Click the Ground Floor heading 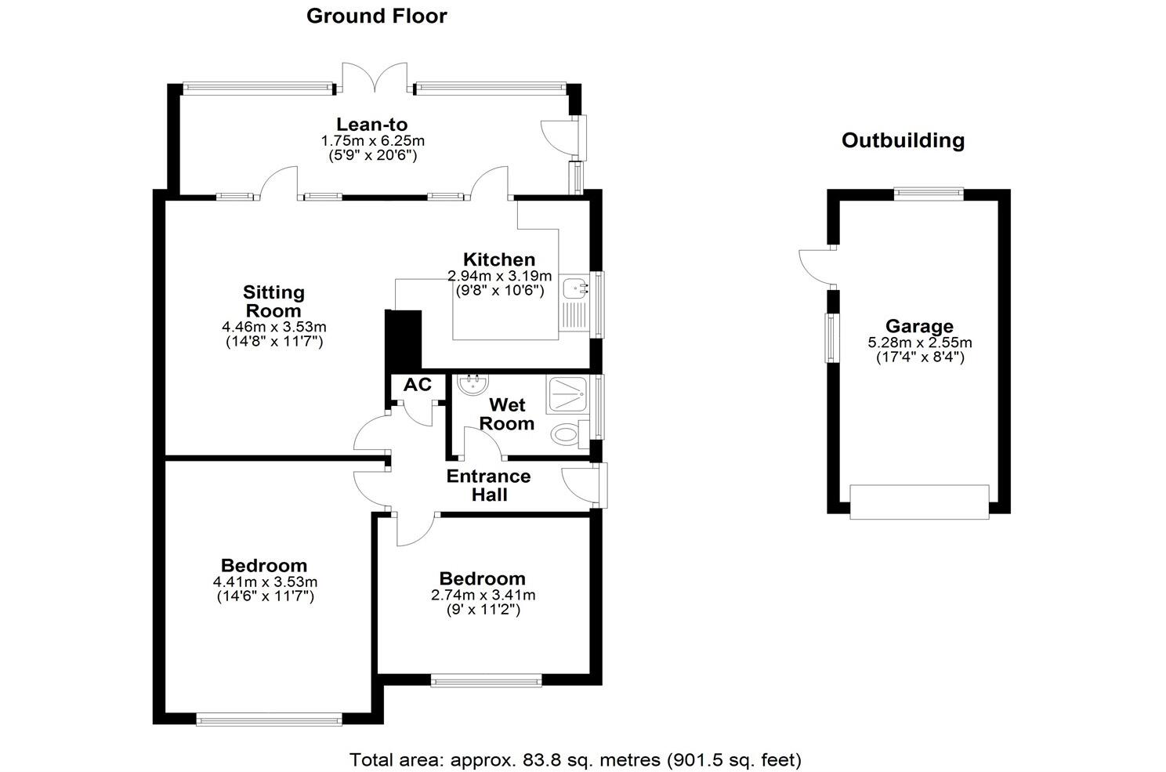click(376, 16)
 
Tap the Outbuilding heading click(903, 140)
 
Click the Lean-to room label click(372, 125)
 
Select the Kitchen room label click(499, 259)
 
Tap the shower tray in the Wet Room click(567, 394)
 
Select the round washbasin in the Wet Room click(473, 384)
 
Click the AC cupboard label click(418, 385)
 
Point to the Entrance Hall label click(489, 485)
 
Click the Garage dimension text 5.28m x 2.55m click(920, 343)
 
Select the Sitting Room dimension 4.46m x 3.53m click(274, 327)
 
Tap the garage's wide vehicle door click(919, 502)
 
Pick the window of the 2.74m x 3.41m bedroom click(486, 680)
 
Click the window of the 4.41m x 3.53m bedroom click(269, 720)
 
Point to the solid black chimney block click(403, 339)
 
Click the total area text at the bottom click(575, 759)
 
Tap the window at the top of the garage click(929, 194)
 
